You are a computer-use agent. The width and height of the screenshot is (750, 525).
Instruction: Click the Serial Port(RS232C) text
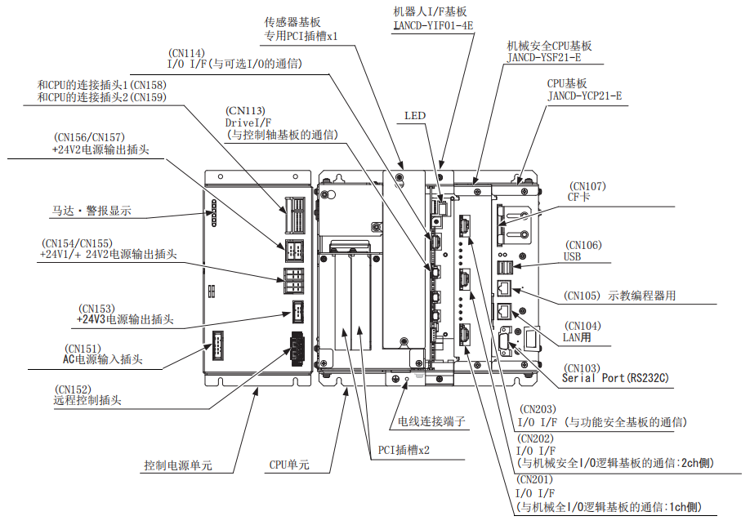click(615, 379)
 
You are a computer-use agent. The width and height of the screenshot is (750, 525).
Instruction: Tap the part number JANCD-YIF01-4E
click(432, 25)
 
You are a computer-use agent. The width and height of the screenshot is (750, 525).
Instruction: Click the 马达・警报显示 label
click(86, 211)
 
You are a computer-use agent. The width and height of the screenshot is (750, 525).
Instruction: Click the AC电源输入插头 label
click(103, 358)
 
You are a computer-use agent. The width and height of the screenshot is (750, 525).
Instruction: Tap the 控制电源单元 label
click(177, 465)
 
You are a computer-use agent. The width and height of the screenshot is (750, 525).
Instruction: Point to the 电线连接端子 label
click(431, 421)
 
